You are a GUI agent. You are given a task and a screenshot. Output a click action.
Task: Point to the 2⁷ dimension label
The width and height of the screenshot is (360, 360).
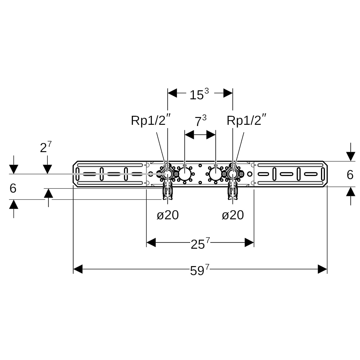(46, 147)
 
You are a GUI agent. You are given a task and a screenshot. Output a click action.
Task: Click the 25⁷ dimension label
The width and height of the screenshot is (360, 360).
(200, 243)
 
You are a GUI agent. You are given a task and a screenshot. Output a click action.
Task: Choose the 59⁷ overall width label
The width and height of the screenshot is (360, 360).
(199, 270)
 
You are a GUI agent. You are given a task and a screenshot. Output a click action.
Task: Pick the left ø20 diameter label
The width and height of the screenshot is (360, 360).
(168, 215)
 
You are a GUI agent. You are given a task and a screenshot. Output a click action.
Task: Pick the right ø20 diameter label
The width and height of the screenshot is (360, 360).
(233, 215)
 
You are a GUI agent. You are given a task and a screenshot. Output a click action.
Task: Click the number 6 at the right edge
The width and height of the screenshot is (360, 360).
(350, 175)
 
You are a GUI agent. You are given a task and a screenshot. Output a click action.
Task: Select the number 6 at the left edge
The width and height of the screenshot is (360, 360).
(13, 188)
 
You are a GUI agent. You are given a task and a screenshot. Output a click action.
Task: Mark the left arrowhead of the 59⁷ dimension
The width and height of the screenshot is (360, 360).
(78, 269)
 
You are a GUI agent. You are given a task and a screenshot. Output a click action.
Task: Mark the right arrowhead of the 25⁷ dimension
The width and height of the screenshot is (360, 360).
(249, 242)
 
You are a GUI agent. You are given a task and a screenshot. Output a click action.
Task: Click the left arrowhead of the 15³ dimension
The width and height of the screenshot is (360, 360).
(172, 93)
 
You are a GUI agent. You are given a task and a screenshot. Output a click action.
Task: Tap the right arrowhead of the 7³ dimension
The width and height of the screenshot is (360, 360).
(211, 135)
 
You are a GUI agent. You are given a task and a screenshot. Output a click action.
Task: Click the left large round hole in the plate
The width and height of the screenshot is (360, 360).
(184, 174)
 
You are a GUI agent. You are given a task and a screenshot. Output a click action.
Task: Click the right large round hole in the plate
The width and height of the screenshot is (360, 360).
(216, 174)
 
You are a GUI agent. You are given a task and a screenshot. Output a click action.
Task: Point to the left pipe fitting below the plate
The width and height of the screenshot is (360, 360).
(168, 191)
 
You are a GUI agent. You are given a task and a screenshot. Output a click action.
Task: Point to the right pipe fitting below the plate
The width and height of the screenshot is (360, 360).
(233, 191)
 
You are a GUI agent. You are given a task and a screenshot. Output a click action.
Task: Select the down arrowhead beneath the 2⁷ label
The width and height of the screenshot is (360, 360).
(47, 169)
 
